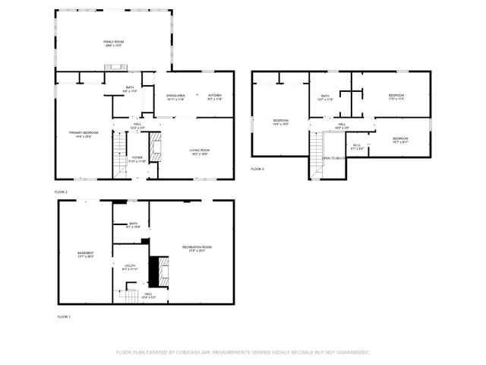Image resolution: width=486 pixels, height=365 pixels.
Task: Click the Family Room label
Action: click(113, 43)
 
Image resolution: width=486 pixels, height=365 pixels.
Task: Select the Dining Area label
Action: click(176, 97)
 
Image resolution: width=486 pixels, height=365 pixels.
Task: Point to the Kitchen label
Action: click(215, 97)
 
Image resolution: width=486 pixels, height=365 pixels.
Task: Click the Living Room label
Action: click(199, 152)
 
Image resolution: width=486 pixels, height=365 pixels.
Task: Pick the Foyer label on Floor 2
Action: click(137, 160)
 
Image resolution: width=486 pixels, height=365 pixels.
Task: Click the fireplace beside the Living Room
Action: click(155, 148)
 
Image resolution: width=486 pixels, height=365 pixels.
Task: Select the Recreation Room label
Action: click(197, 249)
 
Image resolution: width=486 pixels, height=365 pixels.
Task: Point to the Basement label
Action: click(85, 255)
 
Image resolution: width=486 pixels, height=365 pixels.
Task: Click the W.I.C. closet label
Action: click(358, 147)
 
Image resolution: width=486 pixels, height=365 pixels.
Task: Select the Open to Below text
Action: click(334, 158)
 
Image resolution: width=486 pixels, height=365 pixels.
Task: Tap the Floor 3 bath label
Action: click(325, 97)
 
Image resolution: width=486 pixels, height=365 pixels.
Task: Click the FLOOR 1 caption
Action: click(63, 316)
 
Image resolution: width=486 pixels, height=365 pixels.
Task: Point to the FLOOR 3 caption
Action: click(257, 169)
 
